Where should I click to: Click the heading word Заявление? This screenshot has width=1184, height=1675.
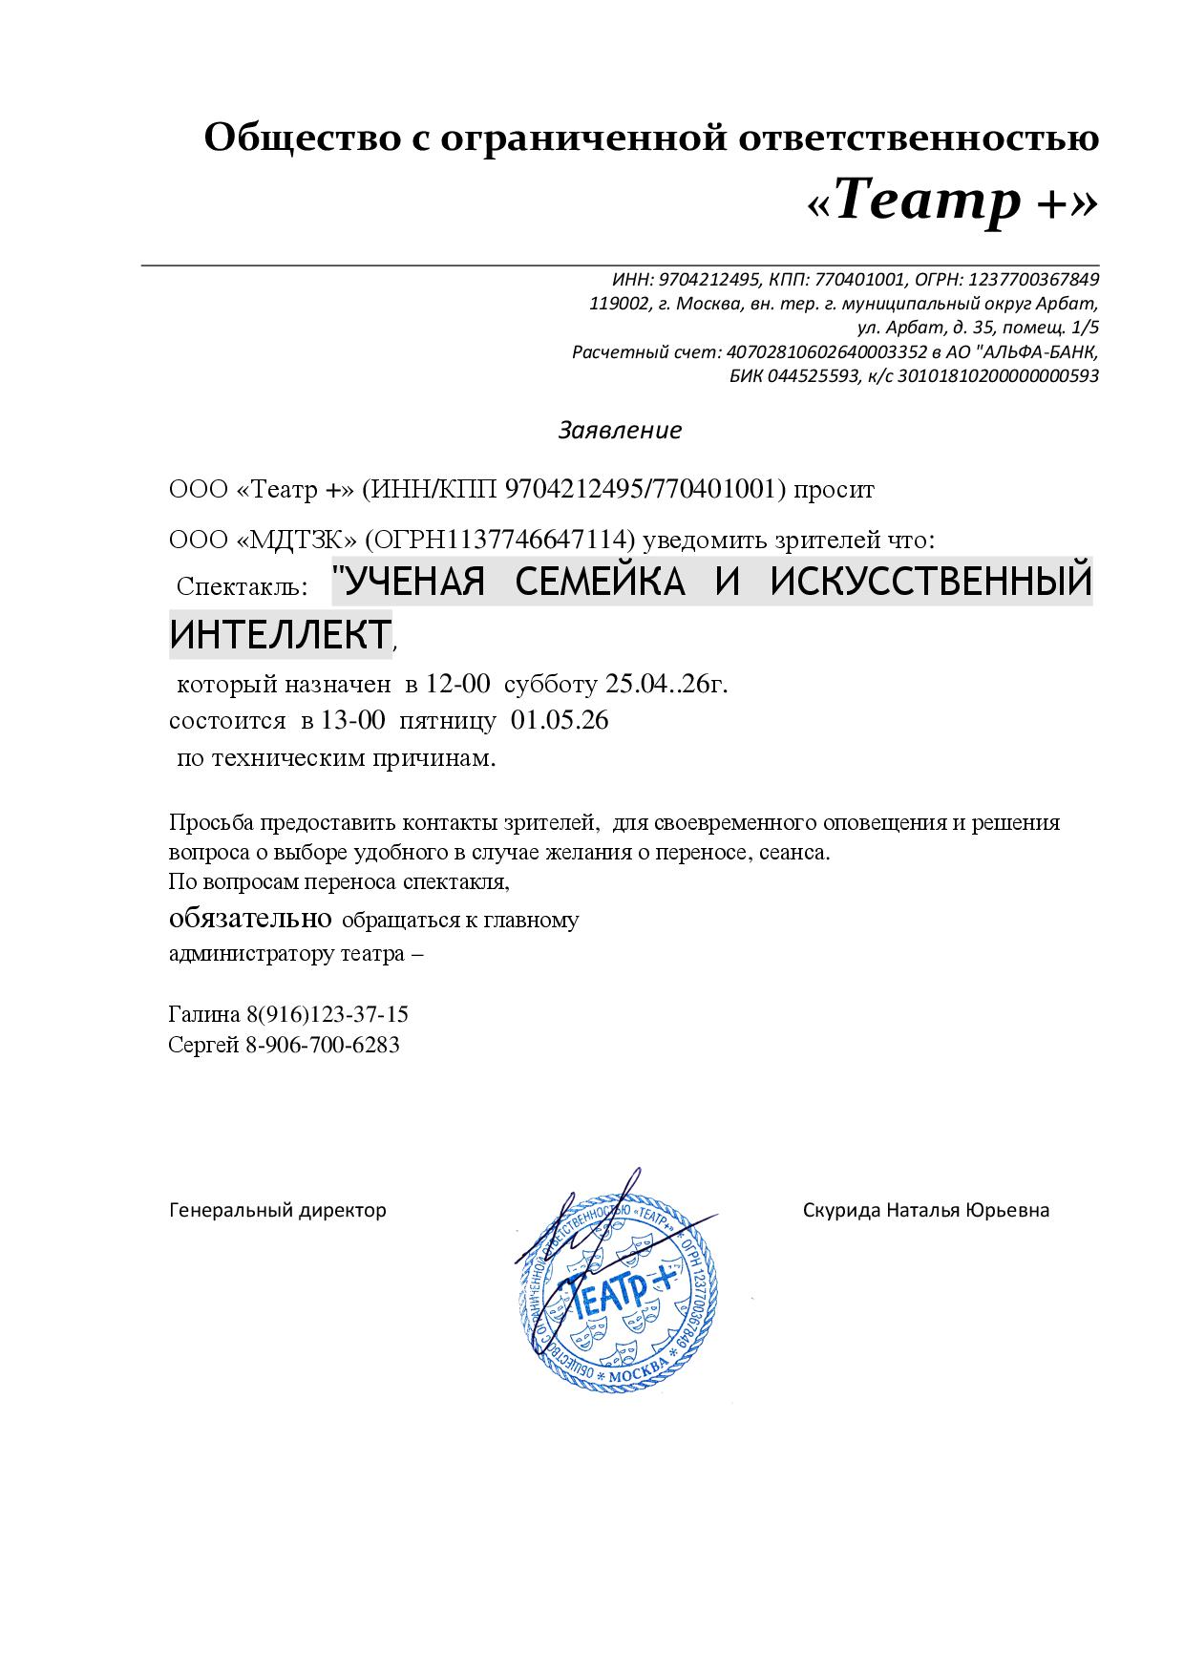[620, 430]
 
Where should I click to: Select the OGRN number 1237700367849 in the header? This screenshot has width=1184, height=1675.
[1033, 280]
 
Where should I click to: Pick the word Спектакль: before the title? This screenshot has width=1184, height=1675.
[242, 586]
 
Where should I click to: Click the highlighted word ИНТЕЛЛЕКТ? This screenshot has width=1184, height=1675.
[280, 634]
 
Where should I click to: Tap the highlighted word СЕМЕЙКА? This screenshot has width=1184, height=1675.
[601, 582]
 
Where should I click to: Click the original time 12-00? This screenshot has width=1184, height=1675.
[458, 684]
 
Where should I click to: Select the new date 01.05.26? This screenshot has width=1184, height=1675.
[560, 720]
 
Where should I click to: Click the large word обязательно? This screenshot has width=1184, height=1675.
[250, 919]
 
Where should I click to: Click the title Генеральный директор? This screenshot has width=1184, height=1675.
[277, 1210]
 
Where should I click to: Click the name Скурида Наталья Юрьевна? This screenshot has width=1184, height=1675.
[925, 1210]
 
